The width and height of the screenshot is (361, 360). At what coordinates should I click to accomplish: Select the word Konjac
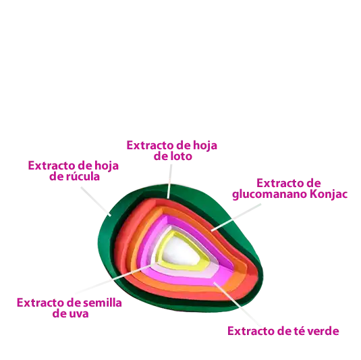point(329,194)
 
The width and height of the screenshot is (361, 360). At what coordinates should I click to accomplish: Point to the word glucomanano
point(270,195)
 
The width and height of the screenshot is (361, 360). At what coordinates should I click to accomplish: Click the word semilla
point(102,303)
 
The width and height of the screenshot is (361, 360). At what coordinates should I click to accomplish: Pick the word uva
point(80,313)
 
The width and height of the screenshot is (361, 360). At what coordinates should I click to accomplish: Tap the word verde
point(323,331)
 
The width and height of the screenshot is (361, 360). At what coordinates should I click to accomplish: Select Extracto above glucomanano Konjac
point(277,183)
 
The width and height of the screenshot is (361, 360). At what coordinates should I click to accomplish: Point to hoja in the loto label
point(205,146)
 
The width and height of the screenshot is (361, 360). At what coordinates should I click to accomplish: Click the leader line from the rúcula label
point(96,201)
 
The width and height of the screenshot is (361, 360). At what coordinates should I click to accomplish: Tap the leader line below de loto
point(169,182)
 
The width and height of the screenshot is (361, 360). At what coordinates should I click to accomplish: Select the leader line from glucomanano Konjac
point(236,217)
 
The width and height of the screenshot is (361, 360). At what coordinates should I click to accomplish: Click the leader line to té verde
point(237,304)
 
